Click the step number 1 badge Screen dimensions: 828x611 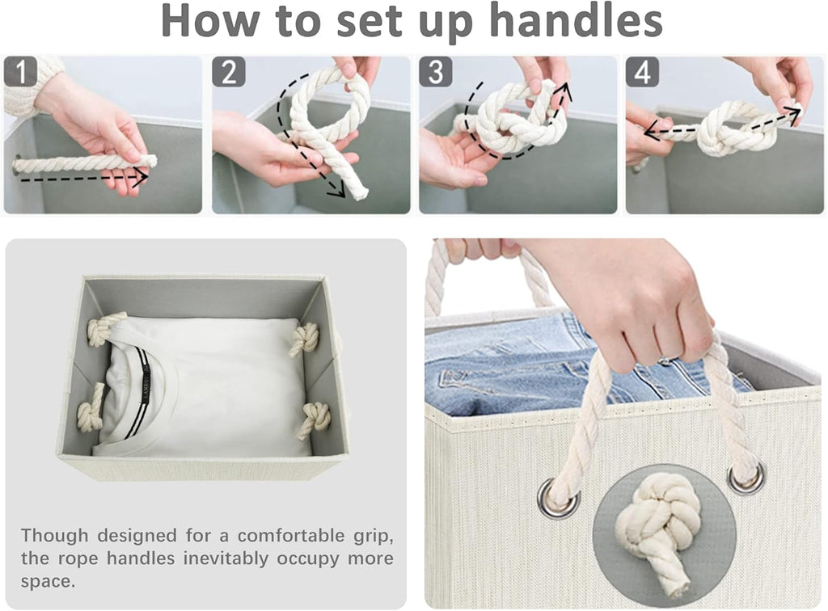(x=20, y=71)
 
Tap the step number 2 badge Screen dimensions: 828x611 (x=229, y=72)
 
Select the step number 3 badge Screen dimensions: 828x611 (x=436, y=72)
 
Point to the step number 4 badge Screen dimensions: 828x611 (x=643, y=72)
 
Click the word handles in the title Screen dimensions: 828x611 (x=576, y=21)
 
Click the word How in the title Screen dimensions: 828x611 (x=211, y=22)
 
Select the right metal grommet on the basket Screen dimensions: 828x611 (x=746, y=478)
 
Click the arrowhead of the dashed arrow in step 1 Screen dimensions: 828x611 (x=140, y=178)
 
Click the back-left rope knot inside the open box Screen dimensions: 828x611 (x=106, y=328)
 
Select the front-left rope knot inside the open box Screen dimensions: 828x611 (x=91, y=407)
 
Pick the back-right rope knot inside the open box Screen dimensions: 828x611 (x=305, y=339)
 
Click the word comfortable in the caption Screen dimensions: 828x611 (x=291, y=536)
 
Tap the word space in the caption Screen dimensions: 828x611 (x=48, y=581)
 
